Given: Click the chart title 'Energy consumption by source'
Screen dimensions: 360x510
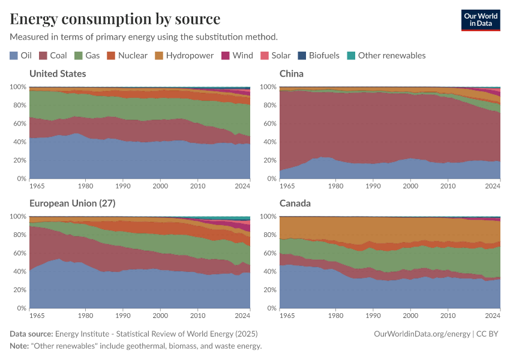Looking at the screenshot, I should tap(115, 18).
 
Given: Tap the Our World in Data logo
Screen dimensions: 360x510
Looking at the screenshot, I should tap(480, 20).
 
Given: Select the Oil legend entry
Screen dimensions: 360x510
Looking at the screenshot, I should tap(21, 55).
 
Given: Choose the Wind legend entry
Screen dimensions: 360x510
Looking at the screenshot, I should tap(238, 55).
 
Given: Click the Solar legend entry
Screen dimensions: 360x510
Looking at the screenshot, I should tap(275, 55).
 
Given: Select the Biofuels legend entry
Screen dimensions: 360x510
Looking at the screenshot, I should tap(319, 55).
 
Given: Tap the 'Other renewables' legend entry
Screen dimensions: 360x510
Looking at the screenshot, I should tap(386, 55).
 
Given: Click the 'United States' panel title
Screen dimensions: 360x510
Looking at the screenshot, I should tap(58, 74).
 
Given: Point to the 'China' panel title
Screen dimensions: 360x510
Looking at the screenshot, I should tap(292, 74).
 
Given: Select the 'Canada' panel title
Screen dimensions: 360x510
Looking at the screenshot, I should tap(295, 203).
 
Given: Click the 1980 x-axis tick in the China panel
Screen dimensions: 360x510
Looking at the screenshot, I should tap(335, 186).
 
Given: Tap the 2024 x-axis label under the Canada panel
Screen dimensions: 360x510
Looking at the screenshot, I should tap(492, 316).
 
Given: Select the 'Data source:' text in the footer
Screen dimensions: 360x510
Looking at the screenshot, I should tap(31, 334).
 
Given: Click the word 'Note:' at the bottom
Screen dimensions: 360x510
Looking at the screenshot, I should tap(20, 346).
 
